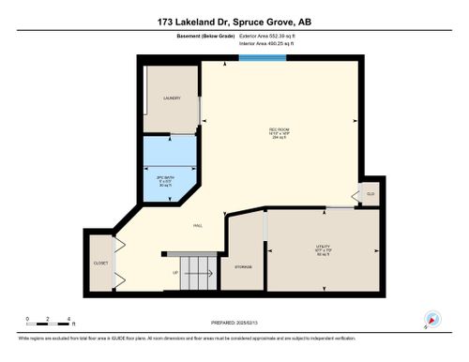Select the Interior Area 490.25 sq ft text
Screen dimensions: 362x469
click(271, 44)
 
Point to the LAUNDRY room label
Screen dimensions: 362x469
click(171, 98)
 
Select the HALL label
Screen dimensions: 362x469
click(199, 225)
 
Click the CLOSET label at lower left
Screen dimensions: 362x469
click(100, 263)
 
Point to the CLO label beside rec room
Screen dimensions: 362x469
click(371, 194)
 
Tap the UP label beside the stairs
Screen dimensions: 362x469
click(175, 273)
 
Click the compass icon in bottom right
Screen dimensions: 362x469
click(431, 319)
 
